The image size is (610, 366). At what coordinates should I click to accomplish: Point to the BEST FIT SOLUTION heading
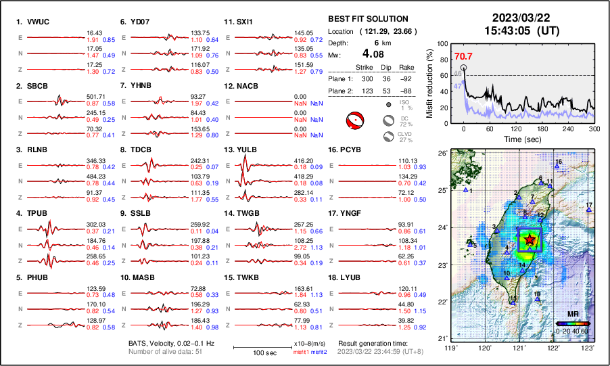367,19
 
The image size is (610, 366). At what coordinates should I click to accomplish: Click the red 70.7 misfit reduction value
463,57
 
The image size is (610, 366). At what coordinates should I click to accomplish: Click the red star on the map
529,240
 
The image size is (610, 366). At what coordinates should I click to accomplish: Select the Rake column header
407,68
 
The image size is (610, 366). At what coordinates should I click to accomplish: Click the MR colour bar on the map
571,323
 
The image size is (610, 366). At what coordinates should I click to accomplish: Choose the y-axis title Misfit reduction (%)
430,80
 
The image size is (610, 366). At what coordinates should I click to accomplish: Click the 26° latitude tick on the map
441,154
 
